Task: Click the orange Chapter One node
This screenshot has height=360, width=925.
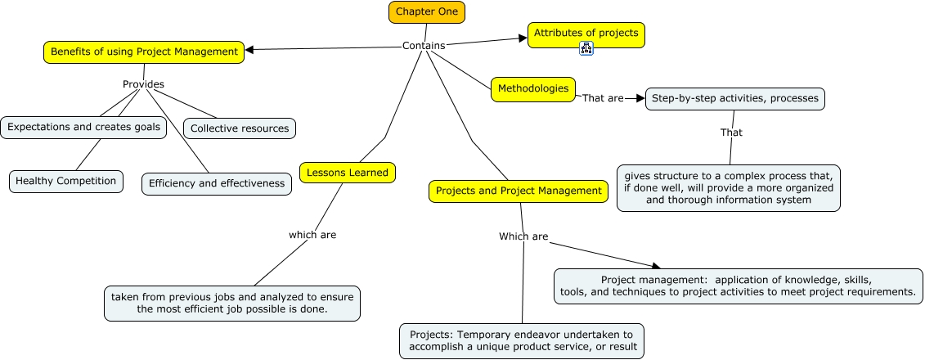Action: [427, 11]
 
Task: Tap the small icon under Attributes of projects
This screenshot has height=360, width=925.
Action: [586, 48]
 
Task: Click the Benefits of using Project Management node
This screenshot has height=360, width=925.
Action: [144, 52]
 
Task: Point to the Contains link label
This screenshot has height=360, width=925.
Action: [423, 46]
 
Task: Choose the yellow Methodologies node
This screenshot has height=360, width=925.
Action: [532, 88]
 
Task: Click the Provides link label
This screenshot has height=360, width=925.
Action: [143, 84]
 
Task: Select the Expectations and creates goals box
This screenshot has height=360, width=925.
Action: [83, 127]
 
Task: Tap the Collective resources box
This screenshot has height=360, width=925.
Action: [239, 128]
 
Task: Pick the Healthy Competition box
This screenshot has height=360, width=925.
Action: [66, 181]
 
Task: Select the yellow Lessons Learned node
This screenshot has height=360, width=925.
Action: [348, 172]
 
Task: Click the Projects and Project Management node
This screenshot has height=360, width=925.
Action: [519, 191]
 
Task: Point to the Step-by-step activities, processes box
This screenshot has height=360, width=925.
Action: [734, 99]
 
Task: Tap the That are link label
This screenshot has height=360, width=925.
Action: [602, 98]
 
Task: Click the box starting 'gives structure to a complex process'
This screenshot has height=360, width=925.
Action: [728, 187]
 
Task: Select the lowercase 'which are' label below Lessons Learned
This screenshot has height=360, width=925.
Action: [312, 235]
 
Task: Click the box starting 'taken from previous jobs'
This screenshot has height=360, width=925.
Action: [232, 303]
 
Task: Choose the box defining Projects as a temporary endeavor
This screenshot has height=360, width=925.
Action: [522, 340]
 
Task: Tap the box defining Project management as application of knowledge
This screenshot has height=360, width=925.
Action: [739, 286]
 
